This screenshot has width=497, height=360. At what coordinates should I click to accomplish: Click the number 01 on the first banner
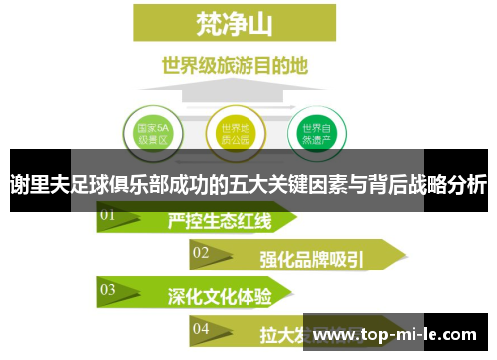tap(107, 214)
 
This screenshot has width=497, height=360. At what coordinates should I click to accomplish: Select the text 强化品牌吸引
tap(311, 259)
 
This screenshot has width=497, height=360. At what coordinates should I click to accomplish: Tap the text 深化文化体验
tap(219, 296)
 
